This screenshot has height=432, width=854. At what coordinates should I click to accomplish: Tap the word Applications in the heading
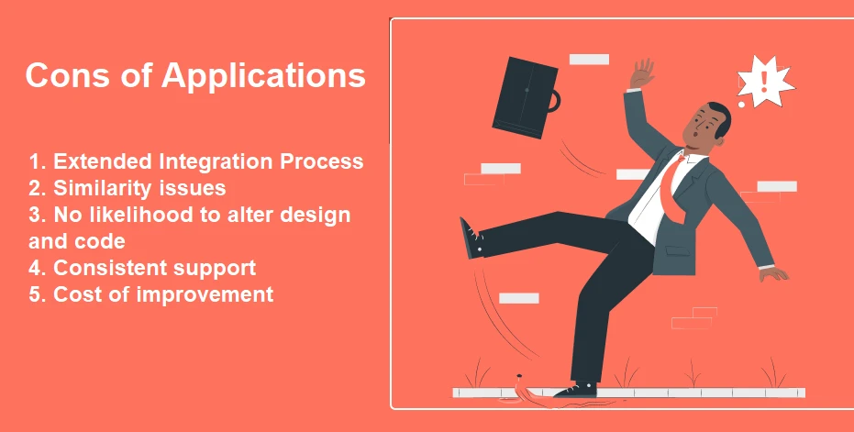[x=263, y=76]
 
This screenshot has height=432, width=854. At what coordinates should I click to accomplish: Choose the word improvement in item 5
[x=205, y=294]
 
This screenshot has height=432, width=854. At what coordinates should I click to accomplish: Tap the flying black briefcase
[x=525, y=97]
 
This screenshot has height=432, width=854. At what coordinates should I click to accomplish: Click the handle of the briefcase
[x=555, y=102]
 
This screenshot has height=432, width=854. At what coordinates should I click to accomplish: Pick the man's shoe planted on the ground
[x=576, y=390]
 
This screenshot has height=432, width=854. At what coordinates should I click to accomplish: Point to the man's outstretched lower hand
[x=774, y=273]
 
